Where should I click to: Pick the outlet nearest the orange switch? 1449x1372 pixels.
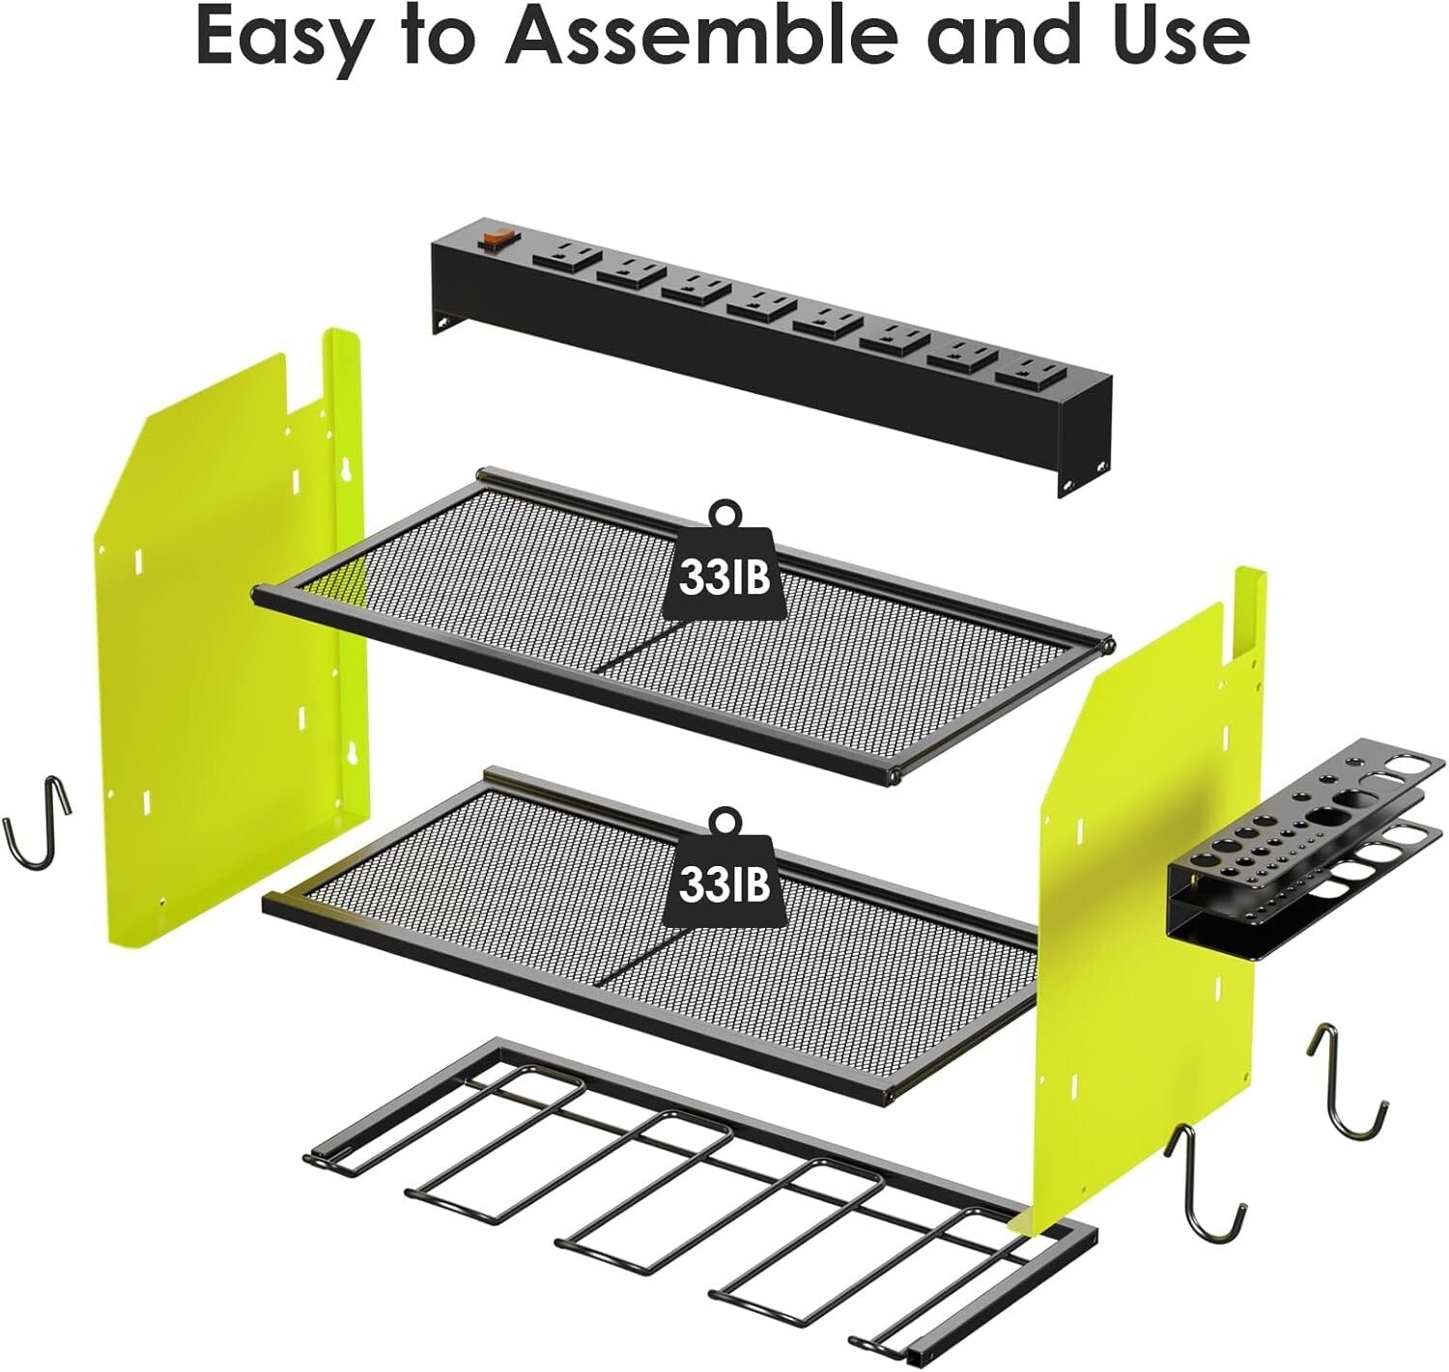(x=563, y=257)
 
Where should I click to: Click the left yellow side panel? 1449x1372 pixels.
(x=222, y=628)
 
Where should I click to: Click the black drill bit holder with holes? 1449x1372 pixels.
(x=1304, y=850)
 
